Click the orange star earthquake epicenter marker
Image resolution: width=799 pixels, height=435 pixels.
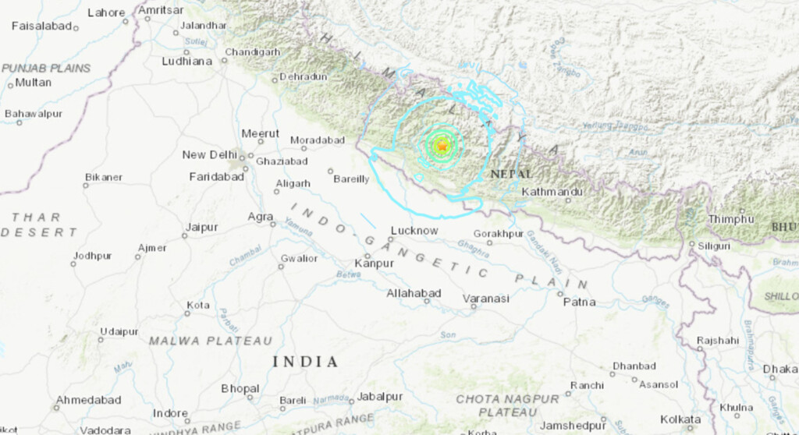[442, 146]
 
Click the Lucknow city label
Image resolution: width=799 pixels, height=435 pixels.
[414, 231]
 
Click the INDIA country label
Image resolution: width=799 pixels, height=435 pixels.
[305, 362]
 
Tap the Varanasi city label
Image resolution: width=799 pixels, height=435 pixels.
[485, 299]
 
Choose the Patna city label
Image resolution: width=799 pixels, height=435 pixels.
[579, 302]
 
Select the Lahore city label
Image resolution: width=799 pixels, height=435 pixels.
[106, 13]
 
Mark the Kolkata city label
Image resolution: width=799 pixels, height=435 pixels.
[680, 419]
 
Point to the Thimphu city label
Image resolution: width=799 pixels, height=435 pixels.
[731, 220]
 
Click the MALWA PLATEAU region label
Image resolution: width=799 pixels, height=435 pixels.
[211, 341]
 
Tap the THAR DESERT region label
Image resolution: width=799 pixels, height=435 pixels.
[39, 225]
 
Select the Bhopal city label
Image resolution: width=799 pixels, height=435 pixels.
[240, 388]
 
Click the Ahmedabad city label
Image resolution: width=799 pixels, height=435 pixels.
[87, 400]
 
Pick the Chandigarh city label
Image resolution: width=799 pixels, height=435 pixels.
[252, 52]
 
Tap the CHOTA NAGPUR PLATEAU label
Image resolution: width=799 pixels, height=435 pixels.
[507, 405]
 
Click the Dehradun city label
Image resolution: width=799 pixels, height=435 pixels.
[304, 76]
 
